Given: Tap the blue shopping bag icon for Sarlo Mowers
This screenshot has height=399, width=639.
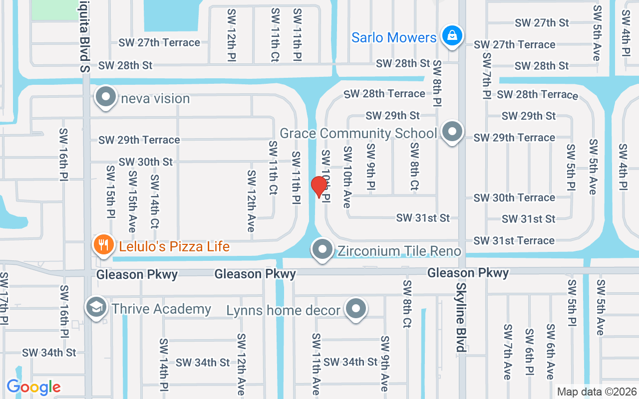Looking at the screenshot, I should click(451, 36).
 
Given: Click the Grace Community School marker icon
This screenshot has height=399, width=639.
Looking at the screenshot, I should click(452, 132).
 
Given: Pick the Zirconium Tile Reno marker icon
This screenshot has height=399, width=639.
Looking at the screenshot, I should click(322, 249).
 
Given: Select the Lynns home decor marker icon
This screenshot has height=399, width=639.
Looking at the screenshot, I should click(355, 309).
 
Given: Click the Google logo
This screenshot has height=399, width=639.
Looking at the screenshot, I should click(33, 387).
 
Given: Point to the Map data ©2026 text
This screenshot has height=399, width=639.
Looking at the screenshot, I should click(597, 392).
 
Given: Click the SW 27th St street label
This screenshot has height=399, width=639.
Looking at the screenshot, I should click(542, 23).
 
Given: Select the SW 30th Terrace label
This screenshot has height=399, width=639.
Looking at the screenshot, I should click(514, 198).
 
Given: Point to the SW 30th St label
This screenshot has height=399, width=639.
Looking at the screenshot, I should click(145, 162).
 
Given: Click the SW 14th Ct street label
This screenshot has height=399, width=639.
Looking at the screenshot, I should click(155, 200).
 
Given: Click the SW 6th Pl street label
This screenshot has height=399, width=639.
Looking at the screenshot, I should click(529, 352).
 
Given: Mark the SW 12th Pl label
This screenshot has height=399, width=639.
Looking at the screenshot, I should click(231, 35).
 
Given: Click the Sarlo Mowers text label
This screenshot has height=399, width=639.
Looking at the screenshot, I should click(394, 37).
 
